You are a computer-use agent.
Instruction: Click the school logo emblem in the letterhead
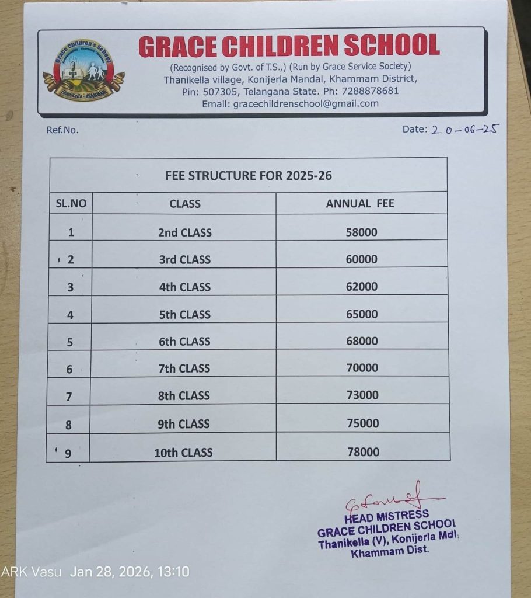click(83, 71)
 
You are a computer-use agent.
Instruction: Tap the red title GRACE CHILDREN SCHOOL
click(289, 46)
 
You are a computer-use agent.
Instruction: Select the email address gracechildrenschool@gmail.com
click(306, 103)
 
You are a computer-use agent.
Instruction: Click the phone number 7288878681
click(371, 91)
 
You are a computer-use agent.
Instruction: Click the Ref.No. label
click(62, 130)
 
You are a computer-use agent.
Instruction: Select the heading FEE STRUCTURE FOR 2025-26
click(249, 175)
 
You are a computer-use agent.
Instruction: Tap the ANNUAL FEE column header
click(360, 203)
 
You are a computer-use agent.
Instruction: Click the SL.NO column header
click(71, 203)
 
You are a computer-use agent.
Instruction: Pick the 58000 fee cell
click(361, 232)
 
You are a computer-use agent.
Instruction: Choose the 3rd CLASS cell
click(184, 259)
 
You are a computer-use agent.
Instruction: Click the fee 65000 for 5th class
click(361, 314)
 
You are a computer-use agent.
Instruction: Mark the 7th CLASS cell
click(184, 368)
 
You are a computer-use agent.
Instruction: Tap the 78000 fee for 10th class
click(362, 451)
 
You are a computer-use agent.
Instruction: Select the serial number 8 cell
click(69, 425)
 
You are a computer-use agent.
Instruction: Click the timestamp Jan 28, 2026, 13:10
click(130, 572)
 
